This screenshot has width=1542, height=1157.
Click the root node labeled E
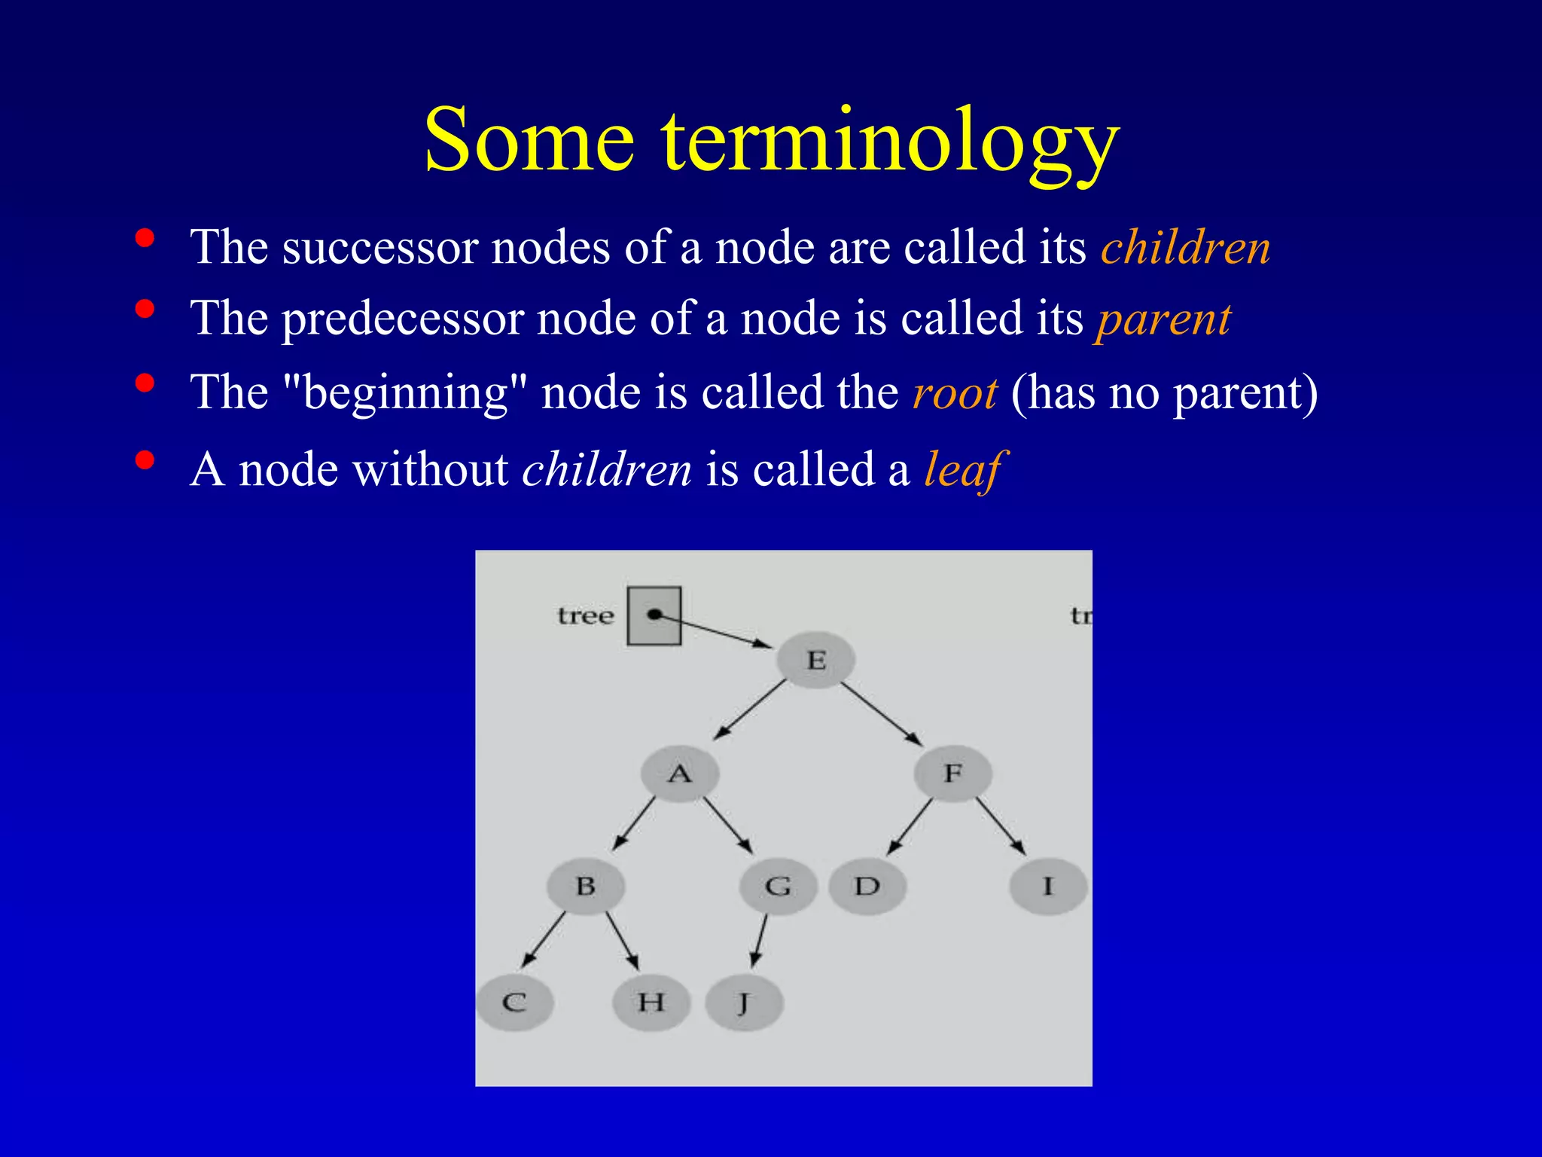pyautogui.click(x=816, y=660)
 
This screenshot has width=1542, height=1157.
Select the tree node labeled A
pyautogui.click(x=680, y=774)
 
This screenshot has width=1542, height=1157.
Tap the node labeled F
pyautogui.click(x=953, y=773)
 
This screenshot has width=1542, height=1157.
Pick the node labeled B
pyautogui.click(x=586, y=886)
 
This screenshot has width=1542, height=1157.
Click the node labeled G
pyautogui.click(x=778, y=887)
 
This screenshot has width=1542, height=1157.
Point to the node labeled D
pyautogui.click(x=867, y=887)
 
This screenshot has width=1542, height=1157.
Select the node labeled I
pyautogui.click(x=1048, y=887)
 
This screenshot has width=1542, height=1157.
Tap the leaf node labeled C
pyautogui.click(x=515, y=1003)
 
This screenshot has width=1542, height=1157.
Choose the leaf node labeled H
pyautogui.click(x=651, y=1003)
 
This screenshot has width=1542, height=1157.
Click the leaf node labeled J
pyautogui.click(x=744, y=1003)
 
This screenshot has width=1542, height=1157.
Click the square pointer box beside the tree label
pyautogui.click(x=654, y=616)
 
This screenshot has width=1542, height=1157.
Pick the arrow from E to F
pyautogui.click(x=882, y=714)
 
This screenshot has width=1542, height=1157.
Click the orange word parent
pyautogui.click(x=1163, y=319)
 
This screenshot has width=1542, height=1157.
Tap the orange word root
pyautogui.click(x=955, y=393)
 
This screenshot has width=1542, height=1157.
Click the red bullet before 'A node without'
pyautogui.click(x=145, y=460)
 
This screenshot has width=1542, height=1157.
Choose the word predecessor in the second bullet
pyautogui.click(x=402, y=319)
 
